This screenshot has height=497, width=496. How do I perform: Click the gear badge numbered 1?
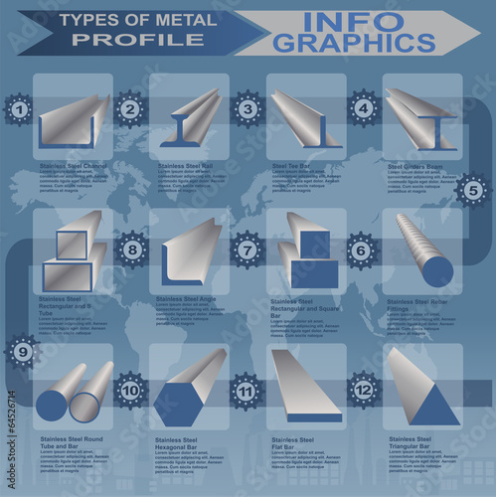(18, 109)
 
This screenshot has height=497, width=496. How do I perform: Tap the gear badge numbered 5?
(473, 190)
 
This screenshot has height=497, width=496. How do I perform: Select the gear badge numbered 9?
(22, 350)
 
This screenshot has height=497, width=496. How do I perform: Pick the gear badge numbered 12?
(364, 391)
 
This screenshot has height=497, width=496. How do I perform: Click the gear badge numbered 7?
(248, 250)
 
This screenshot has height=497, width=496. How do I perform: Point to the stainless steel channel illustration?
(74, 122)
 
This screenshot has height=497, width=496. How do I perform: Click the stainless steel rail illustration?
(189, 119)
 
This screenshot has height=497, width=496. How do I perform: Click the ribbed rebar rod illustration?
(423, 250)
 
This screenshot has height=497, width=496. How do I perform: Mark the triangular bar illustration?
(420, 391)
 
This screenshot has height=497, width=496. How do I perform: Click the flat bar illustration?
(305, 389)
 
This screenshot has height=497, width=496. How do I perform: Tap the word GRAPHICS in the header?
(355, 44)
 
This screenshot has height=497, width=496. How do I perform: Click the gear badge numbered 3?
(248, 109)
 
